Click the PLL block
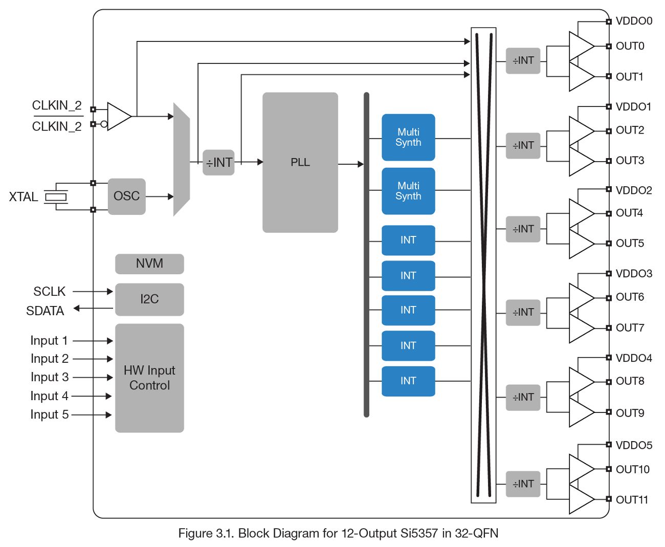click(x=300, y=162)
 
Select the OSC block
click(x=126, y=196)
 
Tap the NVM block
click(x=149, y=264)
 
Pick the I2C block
click(x=149, y=299)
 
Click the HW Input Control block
click(x=149, y=378)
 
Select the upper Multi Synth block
click(x=408, y=138)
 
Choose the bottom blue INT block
click(x=408, y=381)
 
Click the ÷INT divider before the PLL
click(x=218, y=163)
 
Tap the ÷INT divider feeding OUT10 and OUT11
click(x=523, y=484)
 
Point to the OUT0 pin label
click(x=630, y=46)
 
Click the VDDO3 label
click(x=634, y=274)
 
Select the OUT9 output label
click(x=630, y=412)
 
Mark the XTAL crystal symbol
click(x=56, y=196)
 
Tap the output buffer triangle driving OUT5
click(x=581, y=244)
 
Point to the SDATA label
click(x=45, y=311)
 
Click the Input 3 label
click(x=49, y=377)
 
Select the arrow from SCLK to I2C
click(x=93, y=292)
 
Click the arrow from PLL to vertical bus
click(x=351, y=164)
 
